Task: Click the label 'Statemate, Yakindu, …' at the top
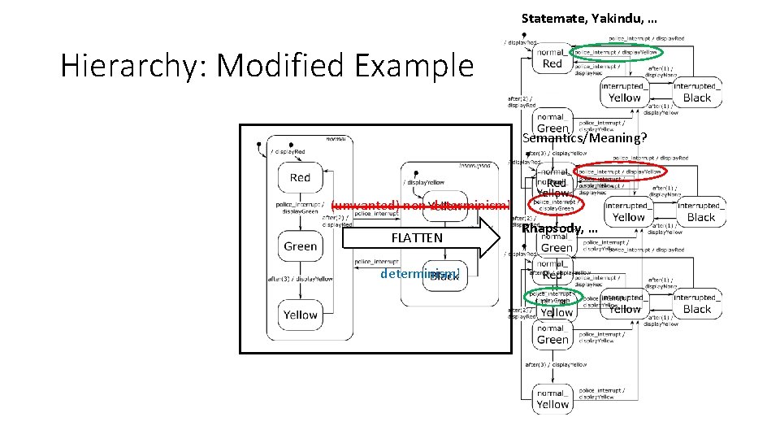coord(589,18)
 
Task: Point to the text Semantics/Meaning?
coord(585,138)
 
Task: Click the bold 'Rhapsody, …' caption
coord(560,228)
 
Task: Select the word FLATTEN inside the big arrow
coord(417,238)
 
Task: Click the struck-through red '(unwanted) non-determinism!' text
coord(420,205)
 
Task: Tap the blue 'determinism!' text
coord(420,274)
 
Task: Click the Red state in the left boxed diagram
coord(301,177)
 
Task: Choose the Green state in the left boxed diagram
coord(301,246)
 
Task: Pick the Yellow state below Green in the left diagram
coord(301,315)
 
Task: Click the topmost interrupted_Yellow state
coord(624,93)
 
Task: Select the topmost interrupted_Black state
coord(696,93)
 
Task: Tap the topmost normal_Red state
coord(552,58)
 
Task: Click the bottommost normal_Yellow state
coord(552,399)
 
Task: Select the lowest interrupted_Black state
coord(696,304)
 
